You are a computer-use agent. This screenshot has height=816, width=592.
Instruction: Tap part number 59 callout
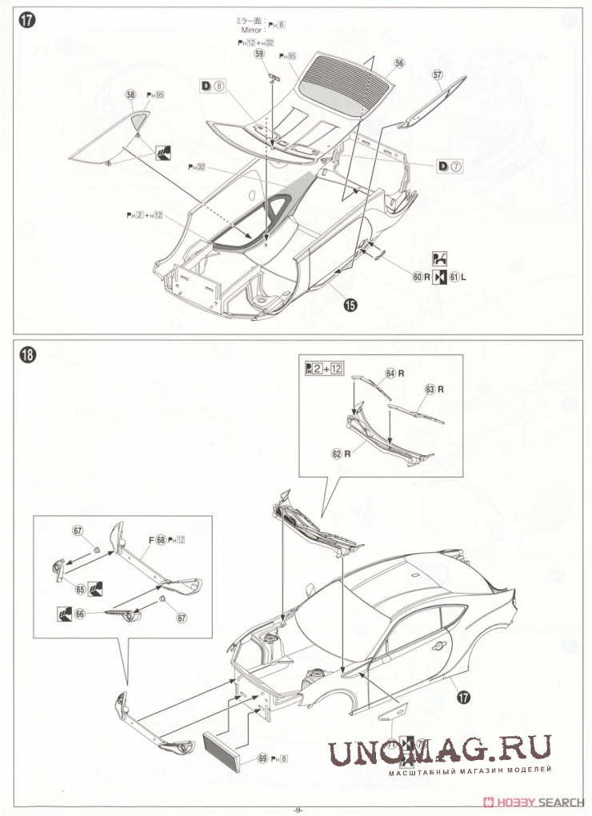[x=259, y=54]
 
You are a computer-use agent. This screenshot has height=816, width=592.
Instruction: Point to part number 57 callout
[x=437, y=75]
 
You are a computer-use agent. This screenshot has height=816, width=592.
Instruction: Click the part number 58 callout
[x=130, y=94]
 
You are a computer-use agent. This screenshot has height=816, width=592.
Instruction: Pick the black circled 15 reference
[x=350, y=304]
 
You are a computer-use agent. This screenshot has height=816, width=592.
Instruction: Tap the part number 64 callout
[x=390, y=373]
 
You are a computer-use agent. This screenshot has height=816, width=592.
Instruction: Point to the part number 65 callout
[x=81, y=588]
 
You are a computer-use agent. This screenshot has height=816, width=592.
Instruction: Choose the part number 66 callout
[x=80, y=614]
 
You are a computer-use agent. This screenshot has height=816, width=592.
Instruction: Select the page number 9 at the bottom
[x=297, y=809]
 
